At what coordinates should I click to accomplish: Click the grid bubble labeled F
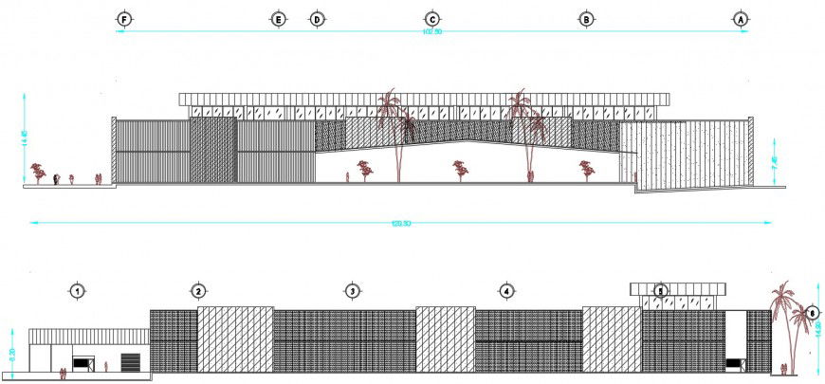tap(123, 19)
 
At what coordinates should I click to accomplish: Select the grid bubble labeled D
tap(317, 19)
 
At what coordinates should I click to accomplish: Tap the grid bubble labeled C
tap(431, 19)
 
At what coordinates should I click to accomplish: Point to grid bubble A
tap(741, 19)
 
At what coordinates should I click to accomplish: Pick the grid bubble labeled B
tap(586, 19)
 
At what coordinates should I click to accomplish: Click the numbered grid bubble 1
tap(76, 291)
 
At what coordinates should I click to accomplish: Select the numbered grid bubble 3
tap(352, 291)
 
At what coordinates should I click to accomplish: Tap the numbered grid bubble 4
tap(506, 291)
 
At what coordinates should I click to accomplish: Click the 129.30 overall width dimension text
tap(401, 224)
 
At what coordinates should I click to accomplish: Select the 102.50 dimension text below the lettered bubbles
tap(431, 32)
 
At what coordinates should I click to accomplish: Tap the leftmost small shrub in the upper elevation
tap(38, 172)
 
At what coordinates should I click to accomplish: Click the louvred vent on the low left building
tap(130, 361)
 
